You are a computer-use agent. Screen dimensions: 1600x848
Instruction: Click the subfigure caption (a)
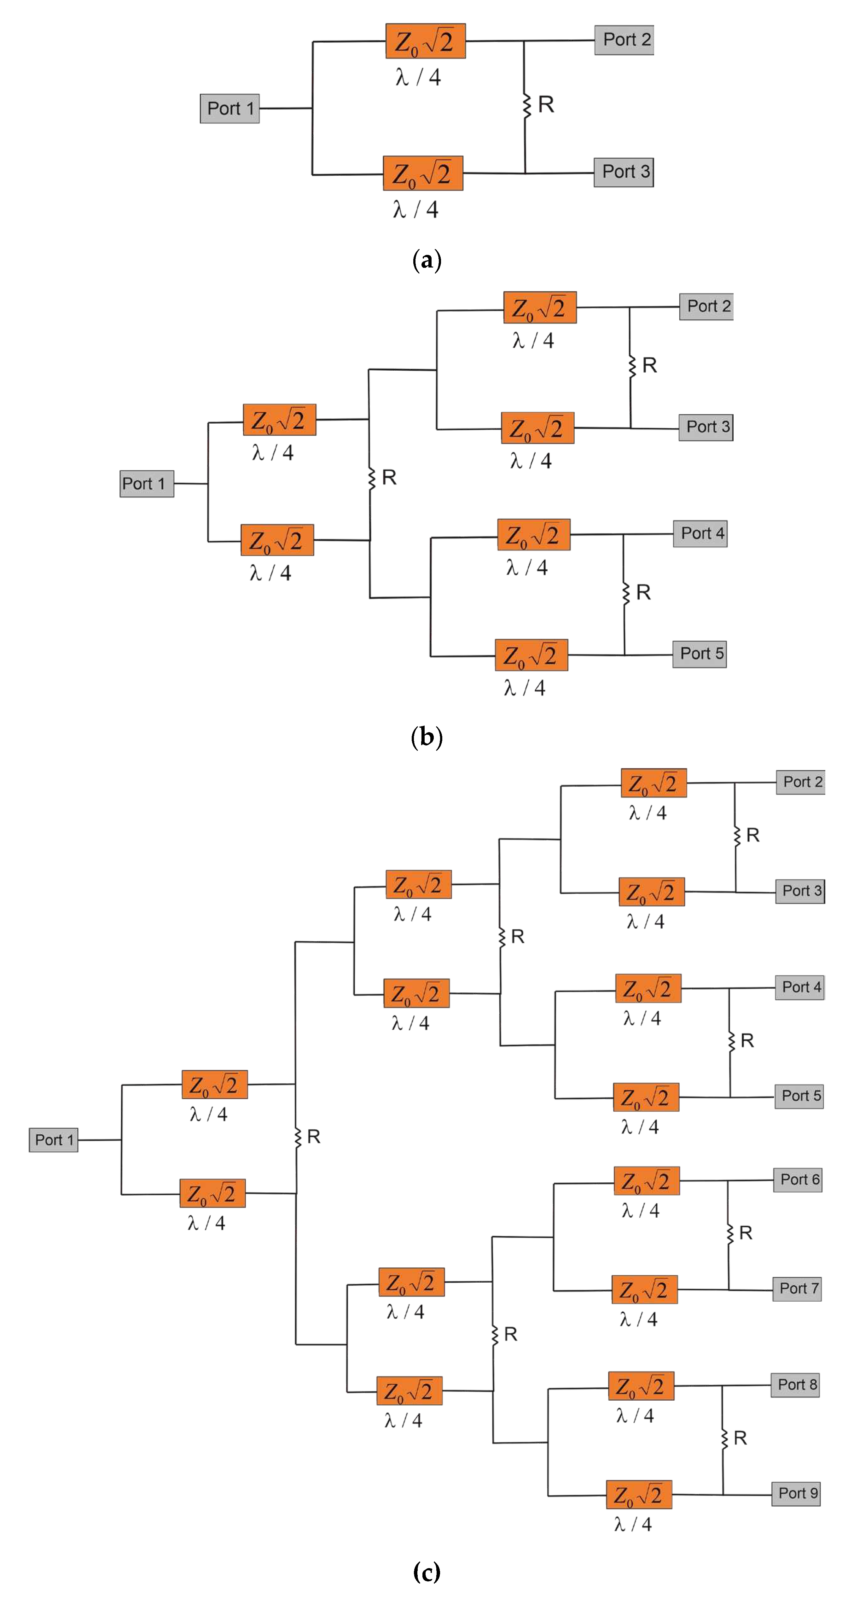427,260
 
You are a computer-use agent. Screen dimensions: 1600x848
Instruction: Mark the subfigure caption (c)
427,1572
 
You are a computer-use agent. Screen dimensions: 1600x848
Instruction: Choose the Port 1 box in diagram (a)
230,109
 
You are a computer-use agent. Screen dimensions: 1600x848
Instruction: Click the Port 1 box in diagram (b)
147,484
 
